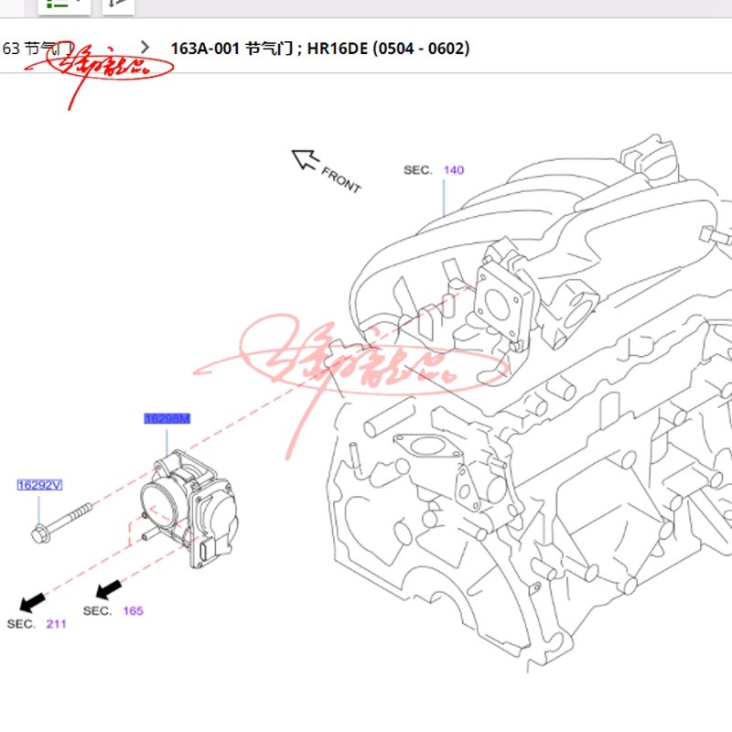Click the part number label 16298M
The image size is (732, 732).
click(167, 419)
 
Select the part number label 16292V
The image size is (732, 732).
click(39, 485)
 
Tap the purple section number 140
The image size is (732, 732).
click(454, 170)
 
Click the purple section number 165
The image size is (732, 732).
click(134, 610)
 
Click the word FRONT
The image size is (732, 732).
click(341, 178)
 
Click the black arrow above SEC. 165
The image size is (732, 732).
click(110, 587)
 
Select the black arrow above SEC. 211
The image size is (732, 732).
click(33, 601)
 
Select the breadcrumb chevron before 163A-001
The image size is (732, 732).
click(145, 47)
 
